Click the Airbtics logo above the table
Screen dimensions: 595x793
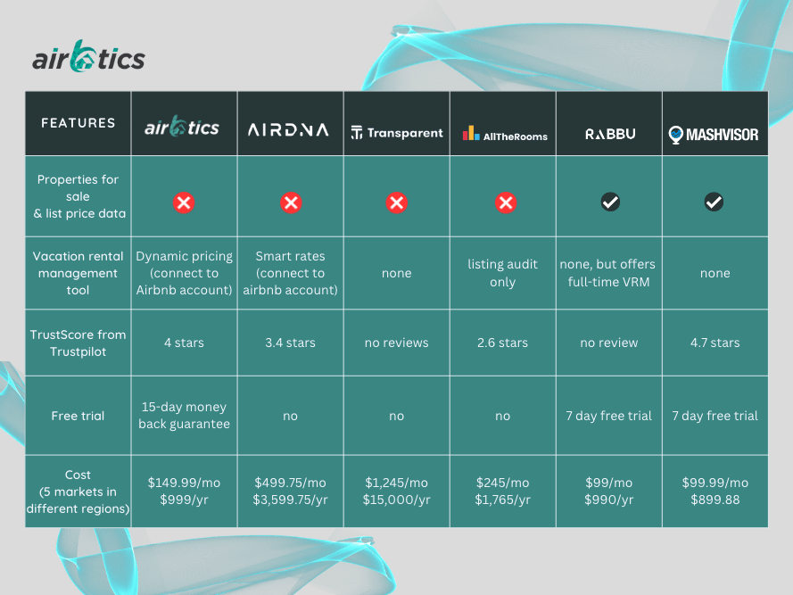[88, 57]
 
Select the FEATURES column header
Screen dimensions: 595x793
[78, 123]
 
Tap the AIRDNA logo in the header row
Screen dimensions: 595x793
[290, 129]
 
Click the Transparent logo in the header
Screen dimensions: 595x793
[397, 133]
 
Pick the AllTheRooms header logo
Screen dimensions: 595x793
[504, 134]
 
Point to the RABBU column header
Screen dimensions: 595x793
[610, 134]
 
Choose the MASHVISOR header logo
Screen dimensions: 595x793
[714, 134]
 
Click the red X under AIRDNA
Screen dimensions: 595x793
[291, 203]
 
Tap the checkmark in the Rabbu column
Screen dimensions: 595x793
[610, 202]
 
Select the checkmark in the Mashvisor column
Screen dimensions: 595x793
[714, 202]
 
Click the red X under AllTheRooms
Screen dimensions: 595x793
[505, 203]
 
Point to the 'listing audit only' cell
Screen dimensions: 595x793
[503, 273]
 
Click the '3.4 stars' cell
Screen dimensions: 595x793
[290, 343]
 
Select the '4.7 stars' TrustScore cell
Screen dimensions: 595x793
[715, 343]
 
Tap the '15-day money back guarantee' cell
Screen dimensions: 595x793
[184, 416]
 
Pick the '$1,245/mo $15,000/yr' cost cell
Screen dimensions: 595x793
[397, 492]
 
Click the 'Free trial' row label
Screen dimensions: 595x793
[78, 416]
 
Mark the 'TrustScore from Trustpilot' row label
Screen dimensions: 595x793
[78, 343]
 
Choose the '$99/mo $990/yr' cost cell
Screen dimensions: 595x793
[610, 492]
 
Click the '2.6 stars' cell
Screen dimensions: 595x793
[503, 343]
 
